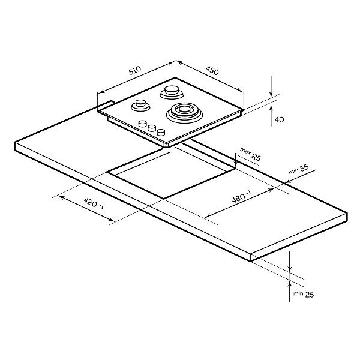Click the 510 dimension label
pyautogui.click(x=135, y=70)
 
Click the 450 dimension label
pyautogui.click(x=212, y=71)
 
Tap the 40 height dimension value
pyautogui.click(x=279, y=119)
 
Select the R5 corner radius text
pyautogui.click(x=256, y=157)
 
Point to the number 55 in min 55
pyautogui.click(x=304, y=168)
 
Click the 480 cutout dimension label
pyautogui.click(x=238, y=198)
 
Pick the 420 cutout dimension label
pyautogui.click(x=90, y=202)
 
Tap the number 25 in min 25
pyautogui.click(x=309, y=295)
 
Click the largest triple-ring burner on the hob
pyautogui.click(x=184, y=113)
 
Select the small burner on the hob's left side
pyautogui.click(x=140, y=106)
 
